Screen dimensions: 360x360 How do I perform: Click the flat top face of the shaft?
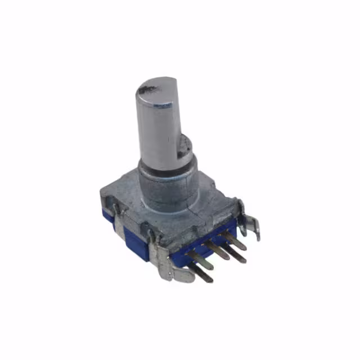click(x=155, y=93)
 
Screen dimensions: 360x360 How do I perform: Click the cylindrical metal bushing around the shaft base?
click(x=169, y=188)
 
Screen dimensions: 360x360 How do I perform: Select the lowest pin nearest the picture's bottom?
click(x=202, y=274)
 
